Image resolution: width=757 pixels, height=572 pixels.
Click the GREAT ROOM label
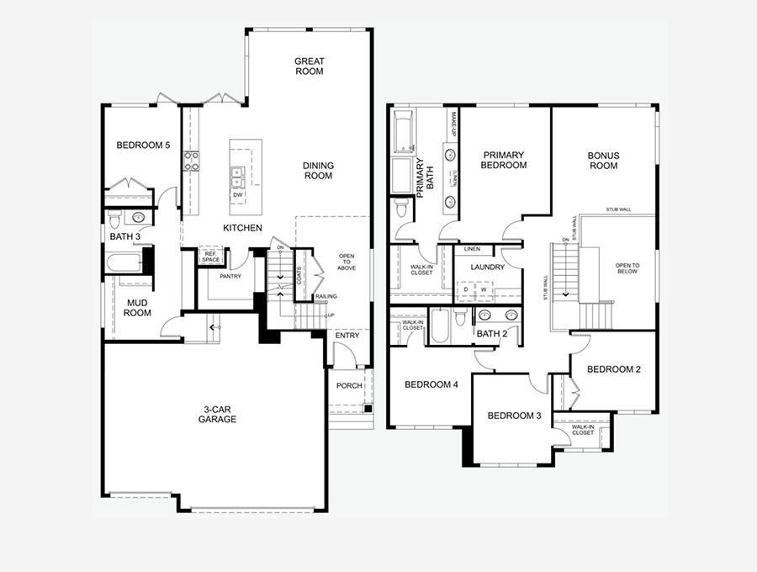pyautogui.click(x=309, y=66)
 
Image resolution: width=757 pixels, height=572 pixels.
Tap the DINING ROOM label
pyautogui.click(x=318, y=171)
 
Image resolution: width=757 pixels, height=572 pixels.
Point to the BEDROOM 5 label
pyautogui.click(x=143, y=146)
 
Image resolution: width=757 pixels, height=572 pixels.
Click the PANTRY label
pyautogui.click(x=230, y=276)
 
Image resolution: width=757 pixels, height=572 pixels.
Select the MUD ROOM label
pyautogui.click(x=139, y=308)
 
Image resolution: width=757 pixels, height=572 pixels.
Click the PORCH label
pyautogui.click(x=349, y=386)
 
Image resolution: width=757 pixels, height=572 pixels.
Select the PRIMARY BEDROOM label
pyautogui.click(x=504, y=161)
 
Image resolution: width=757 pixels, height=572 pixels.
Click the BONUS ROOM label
pyautogui.click(x=603, y=161)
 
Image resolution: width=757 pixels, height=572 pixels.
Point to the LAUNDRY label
pyautogui.click(x=488, y=267)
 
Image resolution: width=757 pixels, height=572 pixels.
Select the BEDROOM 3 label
pyautogui.click(x=515, y=416)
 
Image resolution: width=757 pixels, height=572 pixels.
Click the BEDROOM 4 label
pyautogui.click(x=431, y=385)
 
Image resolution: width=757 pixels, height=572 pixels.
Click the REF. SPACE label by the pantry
pyautogui.click(x=210, y=257)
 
